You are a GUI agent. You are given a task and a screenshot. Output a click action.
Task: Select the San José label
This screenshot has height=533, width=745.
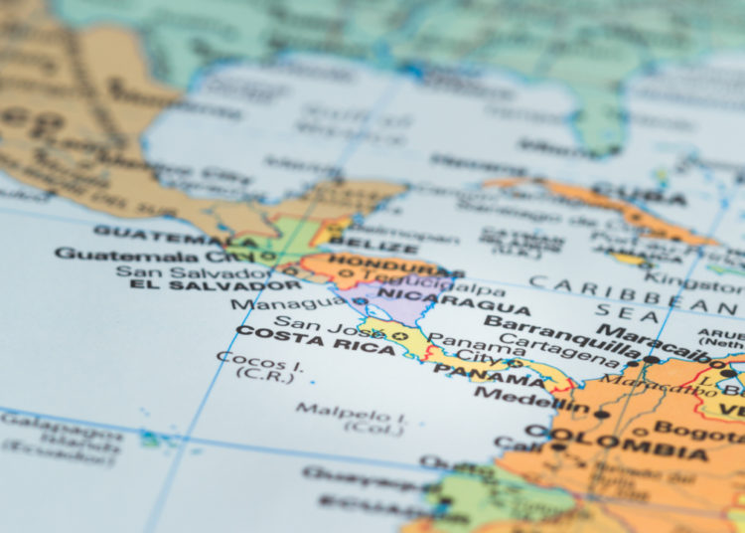point(314,322)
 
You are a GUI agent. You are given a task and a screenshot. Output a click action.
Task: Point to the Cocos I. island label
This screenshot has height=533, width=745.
point(245,363)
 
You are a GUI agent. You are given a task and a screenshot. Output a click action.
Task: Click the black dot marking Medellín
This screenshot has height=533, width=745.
point(601,414)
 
